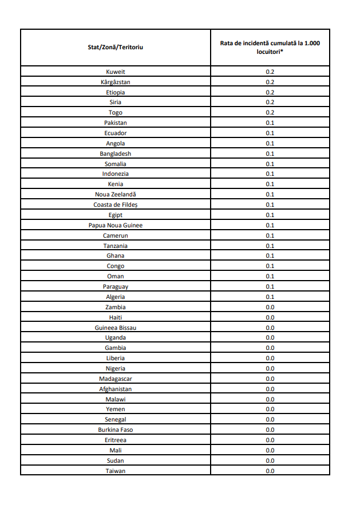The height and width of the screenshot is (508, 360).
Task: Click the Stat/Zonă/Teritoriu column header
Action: pos(115,47)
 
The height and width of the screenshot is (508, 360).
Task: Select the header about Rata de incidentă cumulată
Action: pos(270,47)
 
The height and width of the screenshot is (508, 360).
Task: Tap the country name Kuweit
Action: pos(115,72)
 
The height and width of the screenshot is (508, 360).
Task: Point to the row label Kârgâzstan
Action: pos(115,82)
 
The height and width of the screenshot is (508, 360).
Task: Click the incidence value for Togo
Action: pos(270,113)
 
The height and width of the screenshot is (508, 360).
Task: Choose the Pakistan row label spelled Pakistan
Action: pos(115,123)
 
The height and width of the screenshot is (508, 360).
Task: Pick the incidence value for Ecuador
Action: pos(270,133)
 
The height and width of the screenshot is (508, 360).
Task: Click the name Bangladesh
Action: pos(115,153)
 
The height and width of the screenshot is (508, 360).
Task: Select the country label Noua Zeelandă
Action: pos(115,194)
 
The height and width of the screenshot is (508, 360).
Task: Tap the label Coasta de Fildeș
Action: pos(115,204)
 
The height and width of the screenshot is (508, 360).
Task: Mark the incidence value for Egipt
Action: pos(270,215)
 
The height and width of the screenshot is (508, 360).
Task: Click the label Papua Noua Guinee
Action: pos(115,225)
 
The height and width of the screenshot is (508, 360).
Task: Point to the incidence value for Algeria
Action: pos(270,297)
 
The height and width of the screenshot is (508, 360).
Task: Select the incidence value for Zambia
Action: pos(270,307)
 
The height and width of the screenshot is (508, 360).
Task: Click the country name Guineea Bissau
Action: pos(115,328)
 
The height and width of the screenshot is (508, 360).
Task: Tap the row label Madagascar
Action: pos(115,379)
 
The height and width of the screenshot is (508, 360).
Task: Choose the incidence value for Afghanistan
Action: pos(270,389)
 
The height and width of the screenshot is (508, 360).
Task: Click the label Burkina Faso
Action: pos(115,430)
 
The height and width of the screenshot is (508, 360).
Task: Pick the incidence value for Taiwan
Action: pos(270,471)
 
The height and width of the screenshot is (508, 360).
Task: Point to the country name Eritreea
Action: pos(115,440)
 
